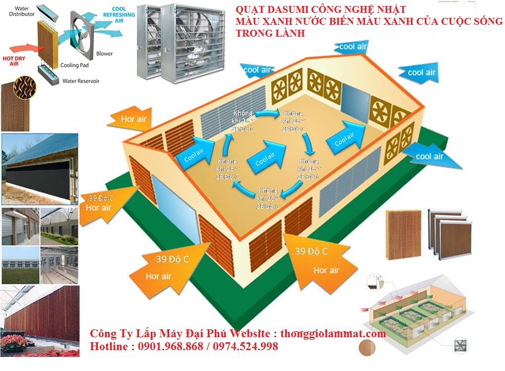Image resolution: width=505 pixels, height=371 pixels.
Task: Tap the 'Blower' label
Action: click(x=104, y=54)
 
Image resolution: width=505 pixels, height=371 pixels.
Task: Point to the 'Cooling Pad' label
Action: click(x=73, y=65)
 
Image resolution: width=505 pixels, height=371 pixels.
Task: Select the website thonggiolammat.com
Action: click(x=333, y=334)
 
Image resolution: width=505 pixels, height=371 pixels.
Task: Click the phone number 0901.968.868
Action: click(x=169, y=347)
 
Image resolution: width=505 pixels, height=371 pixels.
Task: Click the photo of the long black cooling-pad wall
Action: click(x=40, y=169)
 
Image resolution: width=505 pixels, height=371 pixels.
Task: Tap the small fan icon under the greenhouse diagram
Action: click(x=462, y=345)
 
